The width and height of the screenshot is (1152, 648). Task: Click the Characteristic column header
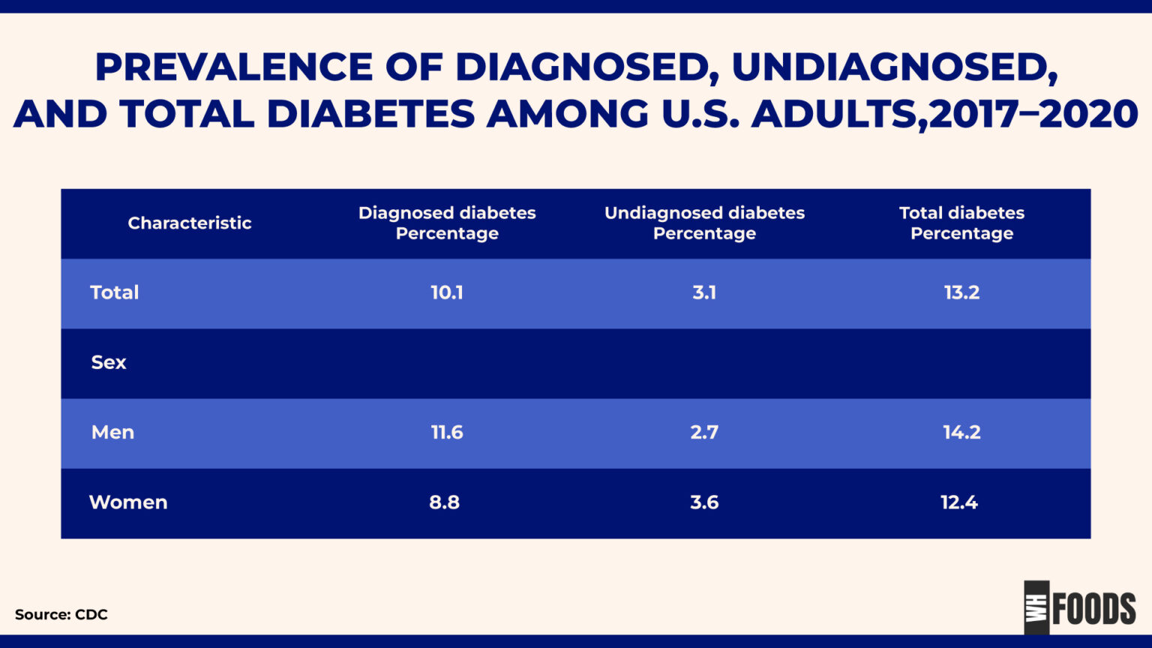189,223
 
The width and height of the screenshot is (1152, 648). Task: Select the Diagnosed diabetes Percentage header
447,223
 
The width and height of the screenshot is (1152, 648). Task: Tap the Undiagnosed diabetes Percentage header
704,223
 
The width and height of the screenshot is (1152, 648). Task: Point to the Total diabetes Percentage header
961,223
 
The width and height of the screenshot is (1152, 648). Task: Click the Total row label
114,292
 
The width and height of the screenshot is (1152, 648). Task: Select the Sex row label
109,362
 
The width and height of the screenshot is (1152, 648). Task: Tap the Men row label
112,432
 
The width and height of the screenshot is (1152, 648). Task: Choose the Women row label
128,502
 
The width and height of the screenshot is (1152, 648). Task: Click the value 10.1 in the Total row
447,292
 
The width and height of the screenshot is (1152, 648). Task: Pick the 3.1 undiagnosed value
704,292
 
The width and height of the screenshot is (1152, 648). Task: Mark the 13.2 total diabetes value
961,292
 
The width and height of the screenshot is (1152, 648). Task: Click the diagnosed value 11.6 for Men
447,432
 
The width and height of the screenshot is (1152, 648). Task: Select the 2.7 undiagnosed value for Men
704,432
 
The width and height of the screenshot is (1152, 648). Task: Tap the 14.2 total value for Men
961,432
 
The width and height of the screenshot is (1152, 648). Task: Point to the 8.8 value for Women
444,502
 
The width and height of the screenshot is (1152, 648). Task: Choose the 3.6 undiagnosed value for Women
704,502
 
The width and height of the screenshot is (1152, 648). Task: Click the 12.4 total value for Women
959,502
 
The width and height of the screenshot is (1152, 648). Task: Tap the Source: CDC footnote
61,614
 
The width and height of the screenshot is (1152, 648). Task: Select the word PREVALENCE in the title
233,67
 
